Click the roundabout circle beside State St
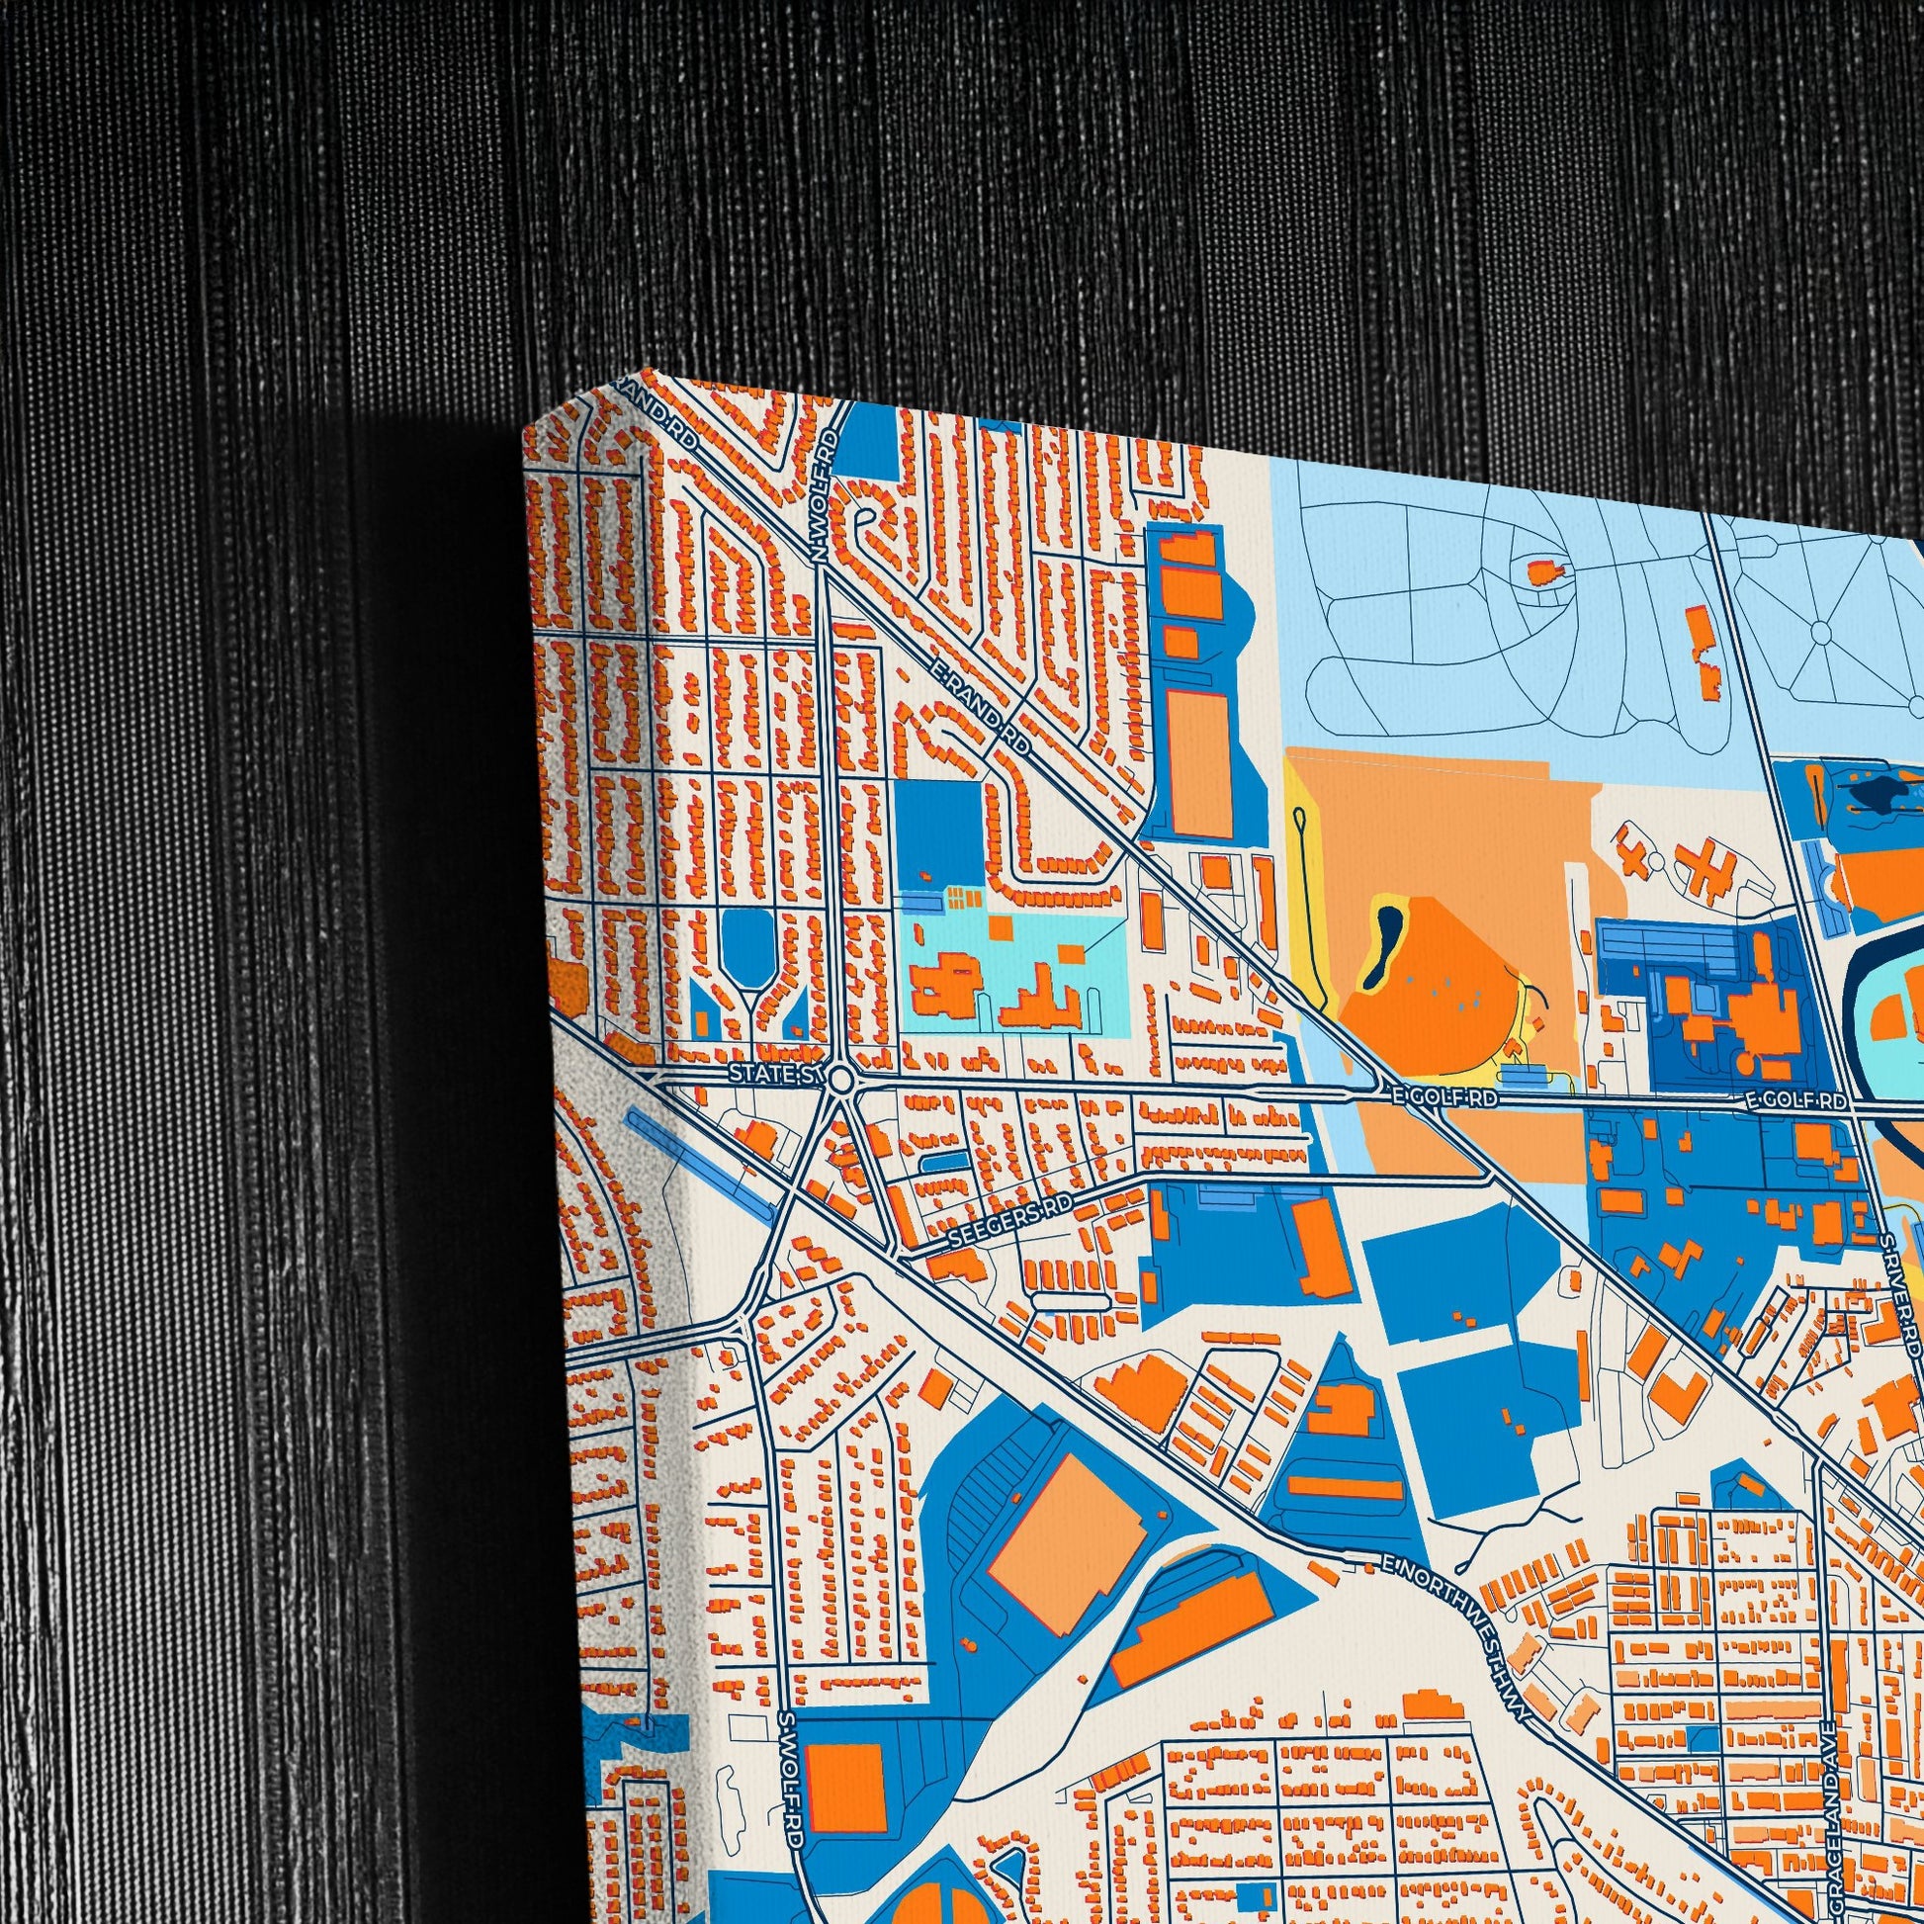(x=841, y=1079)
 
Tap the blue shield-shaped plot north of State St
(x=746, y=936)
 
